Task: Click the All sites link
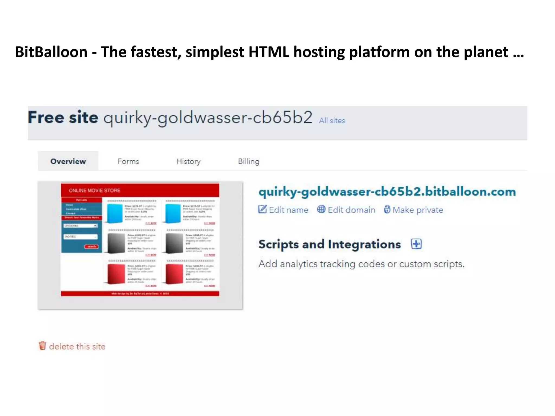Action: pyautogui.click(x=332, y=121)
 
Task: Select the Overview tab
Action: pyautogui.click(x=68, y=161)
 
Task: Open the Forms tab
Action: pyautogui.click(x=128, y=161)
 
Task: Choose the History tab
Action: pyautogui.click(x=189, y=161)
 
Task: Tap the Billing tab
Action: pyautogui.click(x=249, y=161)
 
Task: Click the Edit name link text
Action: pyautogui.click(x=289, y=210)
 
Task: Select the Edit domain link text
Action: pyautogui.click(x=351, y=210)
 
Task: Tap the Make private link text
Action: pyautogui.click(x=418, y=210)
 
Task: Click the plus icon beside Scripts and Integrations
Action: pyautogui.click(x=416, y=244)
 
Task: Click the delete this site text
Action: pyautogui.click(x=77, y=346)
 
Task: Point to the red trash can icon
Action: pyautogui.click(x=43, y=346)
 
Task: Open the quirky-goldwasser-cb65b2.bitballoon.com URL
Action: pyautogui.click(x=387, y=192)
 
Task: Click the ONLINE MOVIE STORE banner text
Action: pyautogui.click(x=95, y=190)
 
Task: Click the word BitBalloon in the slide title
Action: pyautogui.click(x=51, y=52)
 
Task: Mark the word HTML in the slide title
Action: pyautogui.click(x=269, y=52)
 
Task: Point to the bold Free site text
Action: pyautogui.click(x=63, y=118)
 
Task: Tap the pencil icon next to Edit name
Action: pyautogui.click(x=262, y=209)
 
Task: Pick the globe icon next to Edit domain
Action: pyautogui.click(x=321, y=209)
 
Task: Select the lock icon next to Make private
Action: pyautogui.click(x=387, y=209)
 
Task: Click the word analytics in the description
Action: pyautogui.click(x=298, y=264)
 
